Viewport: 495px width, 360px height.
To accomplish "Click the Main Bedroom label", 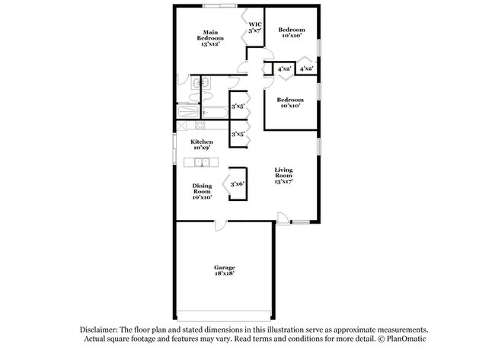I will [x=210, y=38].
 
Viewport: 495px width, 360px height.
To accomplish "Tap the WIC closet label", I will [x=254, y=27].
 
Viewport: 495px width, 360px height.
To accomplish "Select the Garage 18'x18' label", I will [x=224, y=271].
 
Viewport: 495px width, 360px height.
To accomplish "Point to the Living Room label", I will [x=283, y=176].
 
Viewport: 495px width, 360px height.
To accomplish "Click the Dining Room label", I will [x=202, y=190].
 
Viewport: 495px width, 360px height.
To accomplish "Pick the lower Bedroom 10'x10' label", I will [x=290, y=103].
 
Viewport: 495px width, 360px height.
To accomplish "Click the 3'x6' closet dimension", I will [x=237, y=183].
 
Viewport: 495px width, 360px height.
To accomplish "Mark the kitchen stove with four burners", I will [x=200, y=126].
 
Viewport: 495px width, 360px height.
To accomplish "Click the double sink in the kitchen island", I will [x=202, y=161].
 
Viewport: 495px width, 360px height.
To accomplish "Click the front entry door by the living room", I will [x=282, y=219].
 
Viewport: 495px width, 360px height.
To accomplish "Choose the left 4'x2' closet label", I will [x=285, y=69].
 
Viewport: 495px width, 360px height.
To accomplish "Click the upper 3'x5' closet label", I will [x=238, y=107].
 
